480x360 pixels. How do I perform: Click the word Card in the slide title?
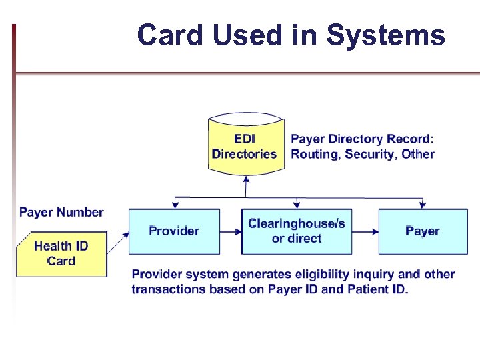point(171,35)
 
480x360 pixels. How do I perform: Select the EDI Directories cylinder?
point(245,146)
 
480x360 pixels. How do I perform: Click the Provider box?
point(174,231)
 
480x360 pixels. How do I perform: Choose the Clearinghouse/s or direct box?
point(296,231)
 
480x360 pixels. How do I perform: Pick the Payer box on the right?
point(422,231)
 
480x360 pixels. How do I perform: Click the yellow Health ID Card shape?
point(61,253)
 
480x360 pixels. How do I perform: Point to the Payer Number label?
point(61,213)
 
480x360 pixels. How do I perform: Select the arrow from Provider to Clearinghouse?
point(231,231)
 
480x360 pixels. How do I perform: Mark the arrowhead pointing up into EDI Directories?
point(246,179)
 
